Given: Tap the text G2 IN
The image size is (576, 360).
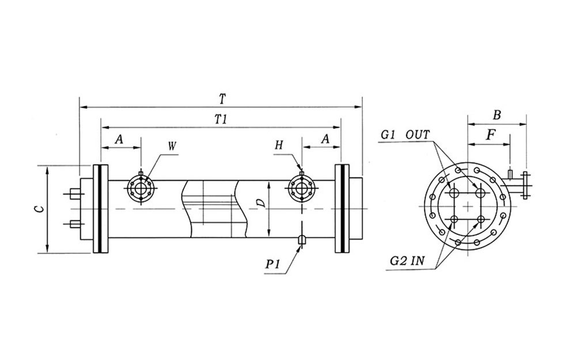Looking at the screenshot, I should click(x=407, y=261).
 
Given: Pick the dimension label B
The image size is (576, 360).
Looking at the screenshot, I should click(x=497, y=115).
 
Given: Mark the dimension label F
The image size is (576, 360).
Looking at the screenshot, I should click(x=490, y=136).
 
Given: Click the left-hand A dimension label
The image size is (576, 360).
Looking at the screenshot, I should click(x=120, y=139).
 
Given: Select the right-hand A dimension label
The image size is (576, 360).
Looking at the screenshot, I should click(x=325, y=139).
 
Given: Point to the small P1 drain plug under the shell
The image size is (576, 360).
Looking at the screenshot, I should click(x=301, y=240).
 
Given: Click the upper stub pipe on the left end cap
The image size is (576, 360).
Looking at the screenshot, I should click(x=75, y=192).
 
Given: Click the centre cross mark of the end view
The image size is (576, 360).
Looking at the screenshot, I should click(x=467, y=206).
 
